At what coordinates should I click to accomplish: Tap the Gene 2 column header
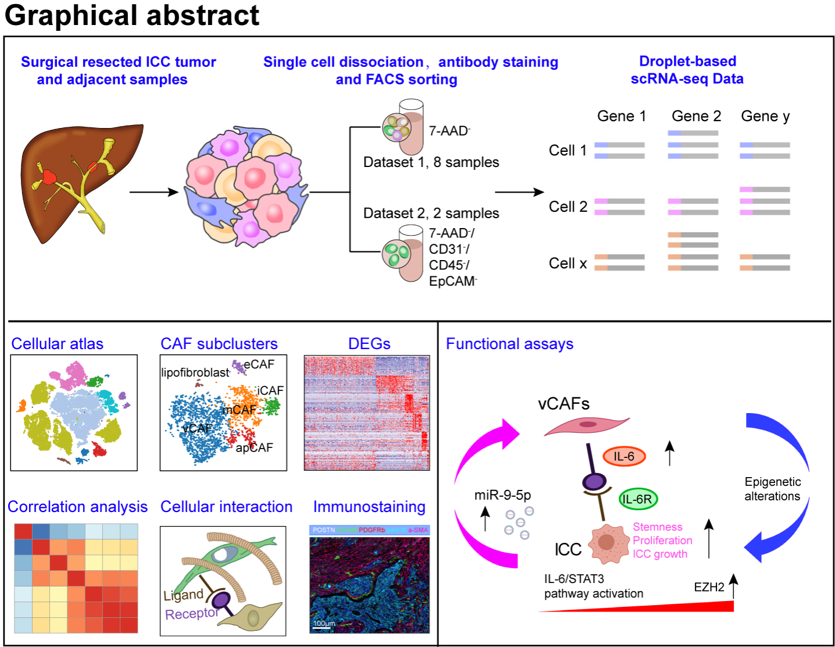[696, 116]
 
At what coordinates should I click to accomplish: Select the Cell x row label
[568, 264]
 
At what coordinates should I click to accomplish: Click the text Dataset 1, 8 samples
[431, 162]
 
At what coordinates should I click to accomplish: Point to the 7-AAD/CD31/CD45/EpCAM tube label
[452, 257]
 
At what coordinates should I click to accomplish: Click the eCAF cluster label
[259, 364]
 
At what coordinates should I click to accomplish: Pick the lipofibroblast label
[195, 372]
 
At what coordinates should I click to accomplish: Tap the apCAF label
[254, 447]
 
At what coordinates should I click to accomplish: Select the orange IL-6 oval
[624, 457]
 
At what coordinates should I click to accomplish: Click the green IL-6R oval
[637, 499]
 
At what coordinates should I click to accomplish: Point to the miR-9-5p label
[502, 495]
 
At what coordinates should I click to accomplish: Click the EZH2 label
[709, 587]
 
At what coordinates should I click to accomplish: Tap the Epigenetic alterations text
[772, 489]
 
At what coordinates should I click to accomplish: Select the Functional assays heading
[509, 344]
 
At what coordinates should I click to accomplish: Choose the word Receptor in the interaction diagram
[191, 614]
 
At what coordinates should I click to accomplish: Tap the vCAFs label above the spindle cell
[563, 404]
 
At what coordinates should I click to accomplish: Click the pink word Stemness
[657, 527]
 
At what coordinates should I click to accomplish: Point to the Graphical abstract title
[132, 15]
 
